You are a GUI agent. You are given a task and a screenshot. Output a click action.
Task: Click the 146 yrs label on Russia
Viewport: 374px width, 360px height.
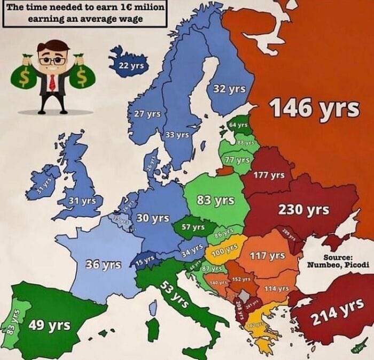(x=314, y=109)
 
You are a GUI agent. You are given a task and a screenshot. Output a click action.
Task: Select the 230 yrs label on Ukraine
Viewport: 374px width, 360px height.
(x=303, y=210)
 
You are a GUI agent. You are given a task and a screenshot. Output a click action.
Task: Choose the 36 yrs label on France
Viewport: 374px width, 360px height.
(x=104, y=264)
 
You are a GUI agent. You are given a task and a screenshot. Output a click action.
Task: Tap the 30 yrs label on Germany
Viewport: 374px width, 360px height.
(x=153, y=218)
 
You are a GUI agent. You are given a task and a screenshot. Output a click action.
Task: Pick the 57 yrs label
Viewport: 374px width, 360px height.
(x=193, y=227)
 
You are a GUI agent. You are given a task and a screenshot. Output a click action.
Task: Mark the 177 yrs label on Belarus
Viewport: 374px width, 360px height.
(x=269, y=175)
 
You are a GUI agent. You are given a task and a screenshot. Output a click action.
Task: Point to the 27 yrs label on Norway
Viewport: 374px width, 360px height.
(x=147, y=114)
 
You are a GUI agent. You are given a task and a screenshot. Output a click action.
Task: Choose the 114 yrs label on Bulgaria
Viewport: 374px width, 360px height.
(x=277, y=288)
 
